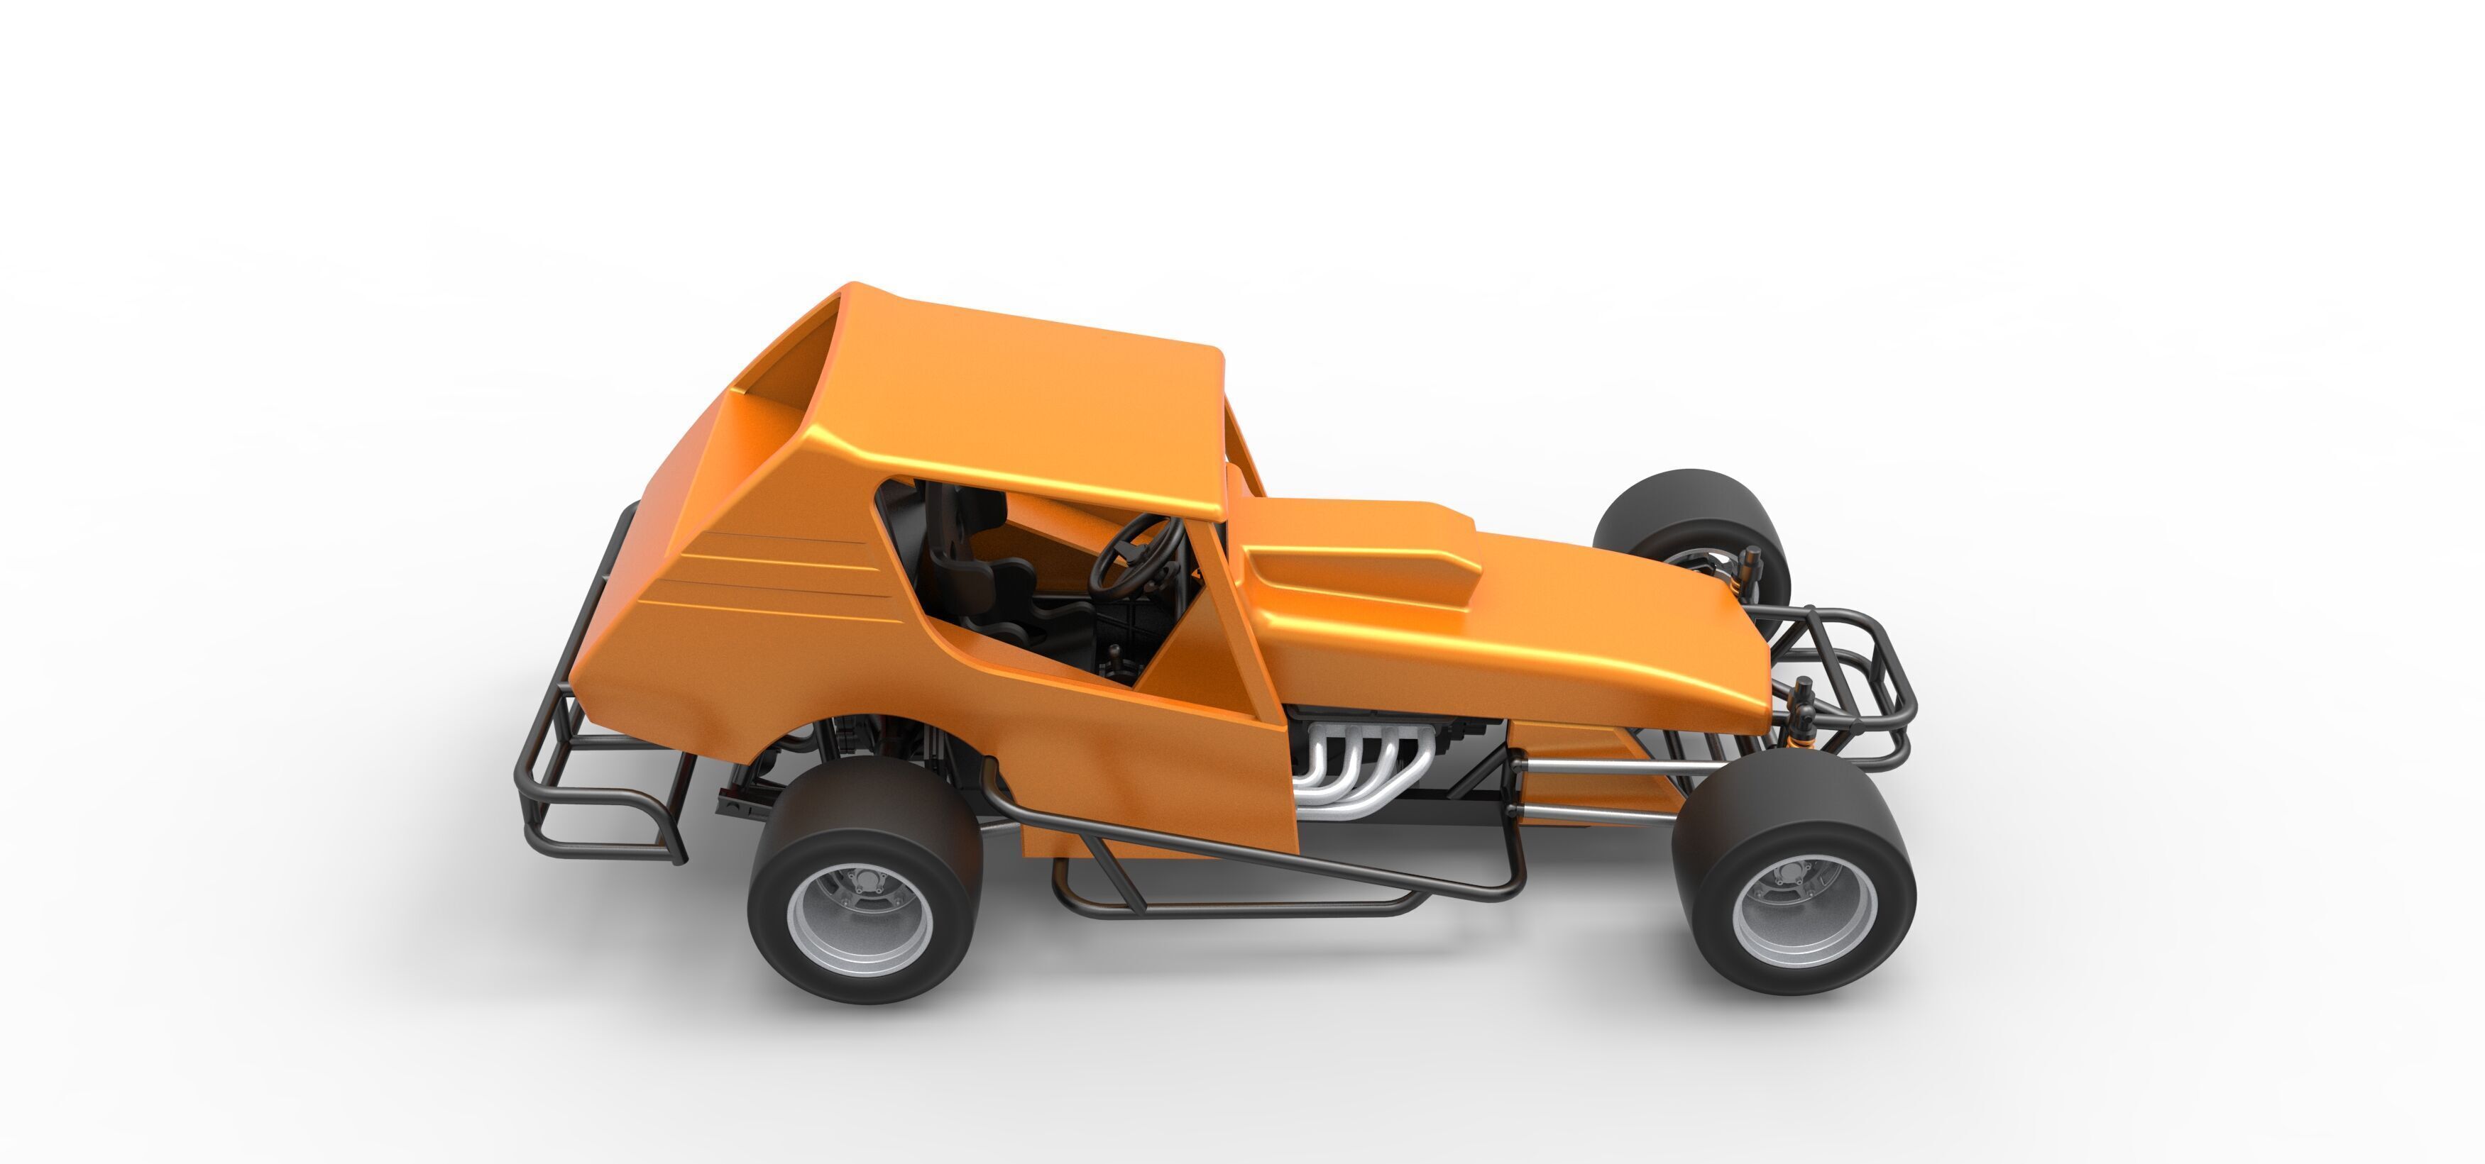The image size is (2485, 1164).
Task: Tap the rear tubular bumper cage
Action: click(578, 772)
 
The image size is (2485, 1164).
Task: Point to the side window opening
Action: click(1042, 579)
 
